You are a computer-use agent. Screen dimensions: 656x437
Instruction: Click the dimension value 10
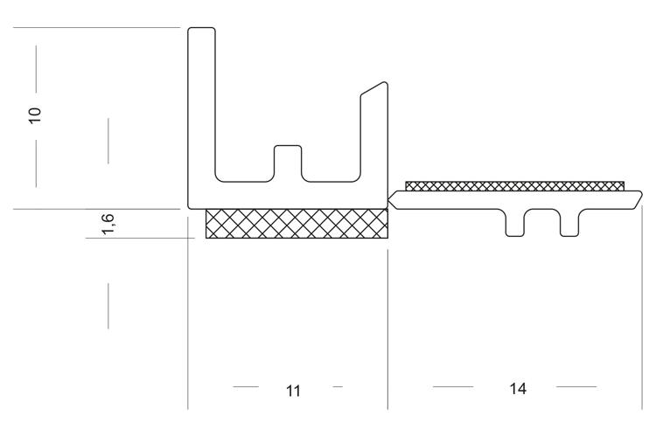click(35, 115)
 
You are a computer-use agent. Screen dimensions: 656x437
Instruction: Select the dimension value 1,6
click(108, 224)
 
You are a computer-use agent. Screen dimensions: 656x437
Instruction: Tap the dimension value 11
click(293, 391)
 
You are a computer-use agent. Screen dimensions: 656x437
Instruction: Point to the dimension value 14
click(518, 389)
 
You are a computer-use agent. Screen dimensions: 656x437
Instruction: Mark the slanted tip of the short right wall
click(374, 88)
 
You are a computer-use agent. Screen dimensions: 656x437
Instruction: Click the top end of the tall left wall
click(202, 29)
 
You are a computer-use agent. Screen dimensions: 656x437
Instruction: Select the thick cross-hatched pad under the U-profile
click(297, 224)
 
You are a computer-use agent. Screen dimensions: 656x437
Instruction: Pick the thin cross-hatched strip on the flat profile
click(514, 186)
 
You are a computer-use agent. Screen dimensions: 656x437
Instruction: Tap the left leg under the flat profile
click(515, 223)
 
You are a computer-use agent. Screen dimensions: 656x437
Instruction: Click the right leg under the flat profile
click(569, 223)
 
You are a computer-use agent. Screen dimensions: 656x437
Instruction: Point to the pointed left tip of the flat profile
click(388, 200)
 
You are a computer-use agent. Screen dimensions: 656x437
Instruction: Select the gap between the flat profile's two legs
click(542, 223)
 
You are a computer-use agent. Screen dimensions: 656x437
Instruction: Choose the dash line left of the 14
click(453, 387)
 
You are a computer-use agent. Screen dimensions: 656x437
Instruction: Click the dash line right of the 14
click(576, 387)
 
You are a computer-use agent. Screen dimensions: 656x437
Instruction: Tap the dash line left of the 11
click(246, 387)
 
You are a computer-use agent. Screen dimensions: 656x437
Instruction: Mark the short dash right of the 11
click(338, 387)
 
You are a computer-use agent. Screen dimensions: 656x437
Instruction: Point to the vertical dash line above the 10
click(36, 69)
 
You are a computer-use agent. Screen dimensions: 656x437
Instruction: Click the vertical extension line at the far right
click(642, 308)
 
